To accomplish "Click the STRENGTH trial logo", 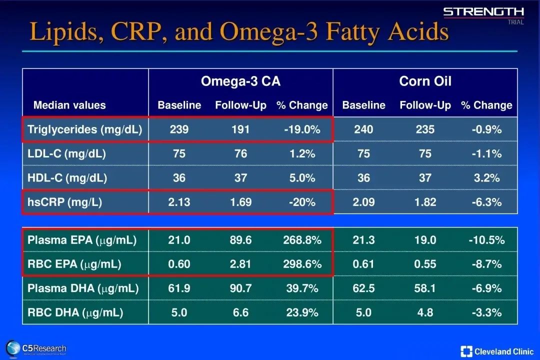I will tap(483, 14).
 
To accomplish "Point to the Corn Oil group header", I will tap(425, 81).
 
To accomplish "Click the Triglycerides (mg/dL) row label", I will tap(84, 129).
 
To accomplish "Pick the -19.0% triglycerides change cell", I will tap(302, 129).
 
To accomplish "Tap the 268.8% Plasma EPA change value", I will tap(302, 240).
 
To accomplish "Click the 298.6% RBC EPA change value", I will tap(302, 264).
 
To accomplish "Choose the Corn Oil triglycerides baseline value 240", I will tap(363, 129).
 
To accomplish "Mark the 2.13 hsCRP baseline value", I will tap(179, 202).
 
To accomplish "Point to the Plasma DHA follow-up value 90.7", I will tap(240, 288).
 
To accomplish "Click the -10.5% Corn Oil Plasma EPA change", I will tap(486, 240).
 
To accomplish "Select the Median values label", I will tap(69, 105).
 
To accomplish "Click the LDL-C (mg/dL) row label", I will tap(66, 154).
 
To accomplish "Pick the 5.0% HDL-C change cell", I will tap(302, 178).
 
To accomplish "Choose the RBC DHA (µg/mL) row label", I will tap(75, 312).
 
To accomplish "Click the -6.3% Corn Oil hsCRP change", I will tap(486, 202).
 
